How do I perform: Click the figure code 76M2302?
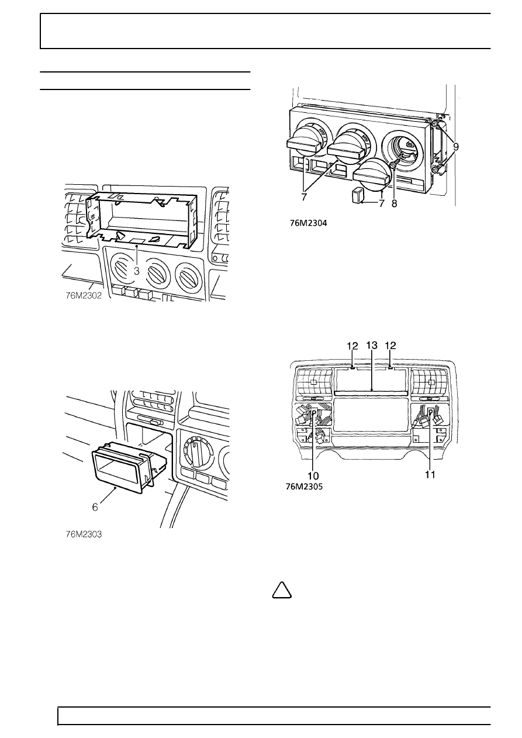84,295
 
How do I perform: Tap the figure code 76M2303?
84,534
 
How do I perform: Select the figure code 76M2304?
309,223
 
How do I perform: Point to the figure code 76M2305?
305,487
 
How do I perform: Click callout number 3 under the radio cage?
137,271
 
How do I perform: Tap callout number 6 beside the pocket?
95,507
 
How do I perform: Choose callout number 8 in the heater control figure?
394,204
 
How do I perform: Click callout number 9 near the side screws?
455,146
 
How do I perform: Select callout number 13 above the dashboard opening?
372,346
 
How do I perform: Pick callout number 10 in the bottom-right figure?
313,476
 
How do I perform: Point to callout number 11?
430,474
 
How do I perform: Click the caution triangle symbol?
282,591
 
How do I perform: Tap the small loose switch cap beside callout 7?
357,195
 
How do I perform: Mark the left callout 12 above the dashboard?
352,346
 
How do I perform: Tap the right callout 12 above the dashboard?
390,346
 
